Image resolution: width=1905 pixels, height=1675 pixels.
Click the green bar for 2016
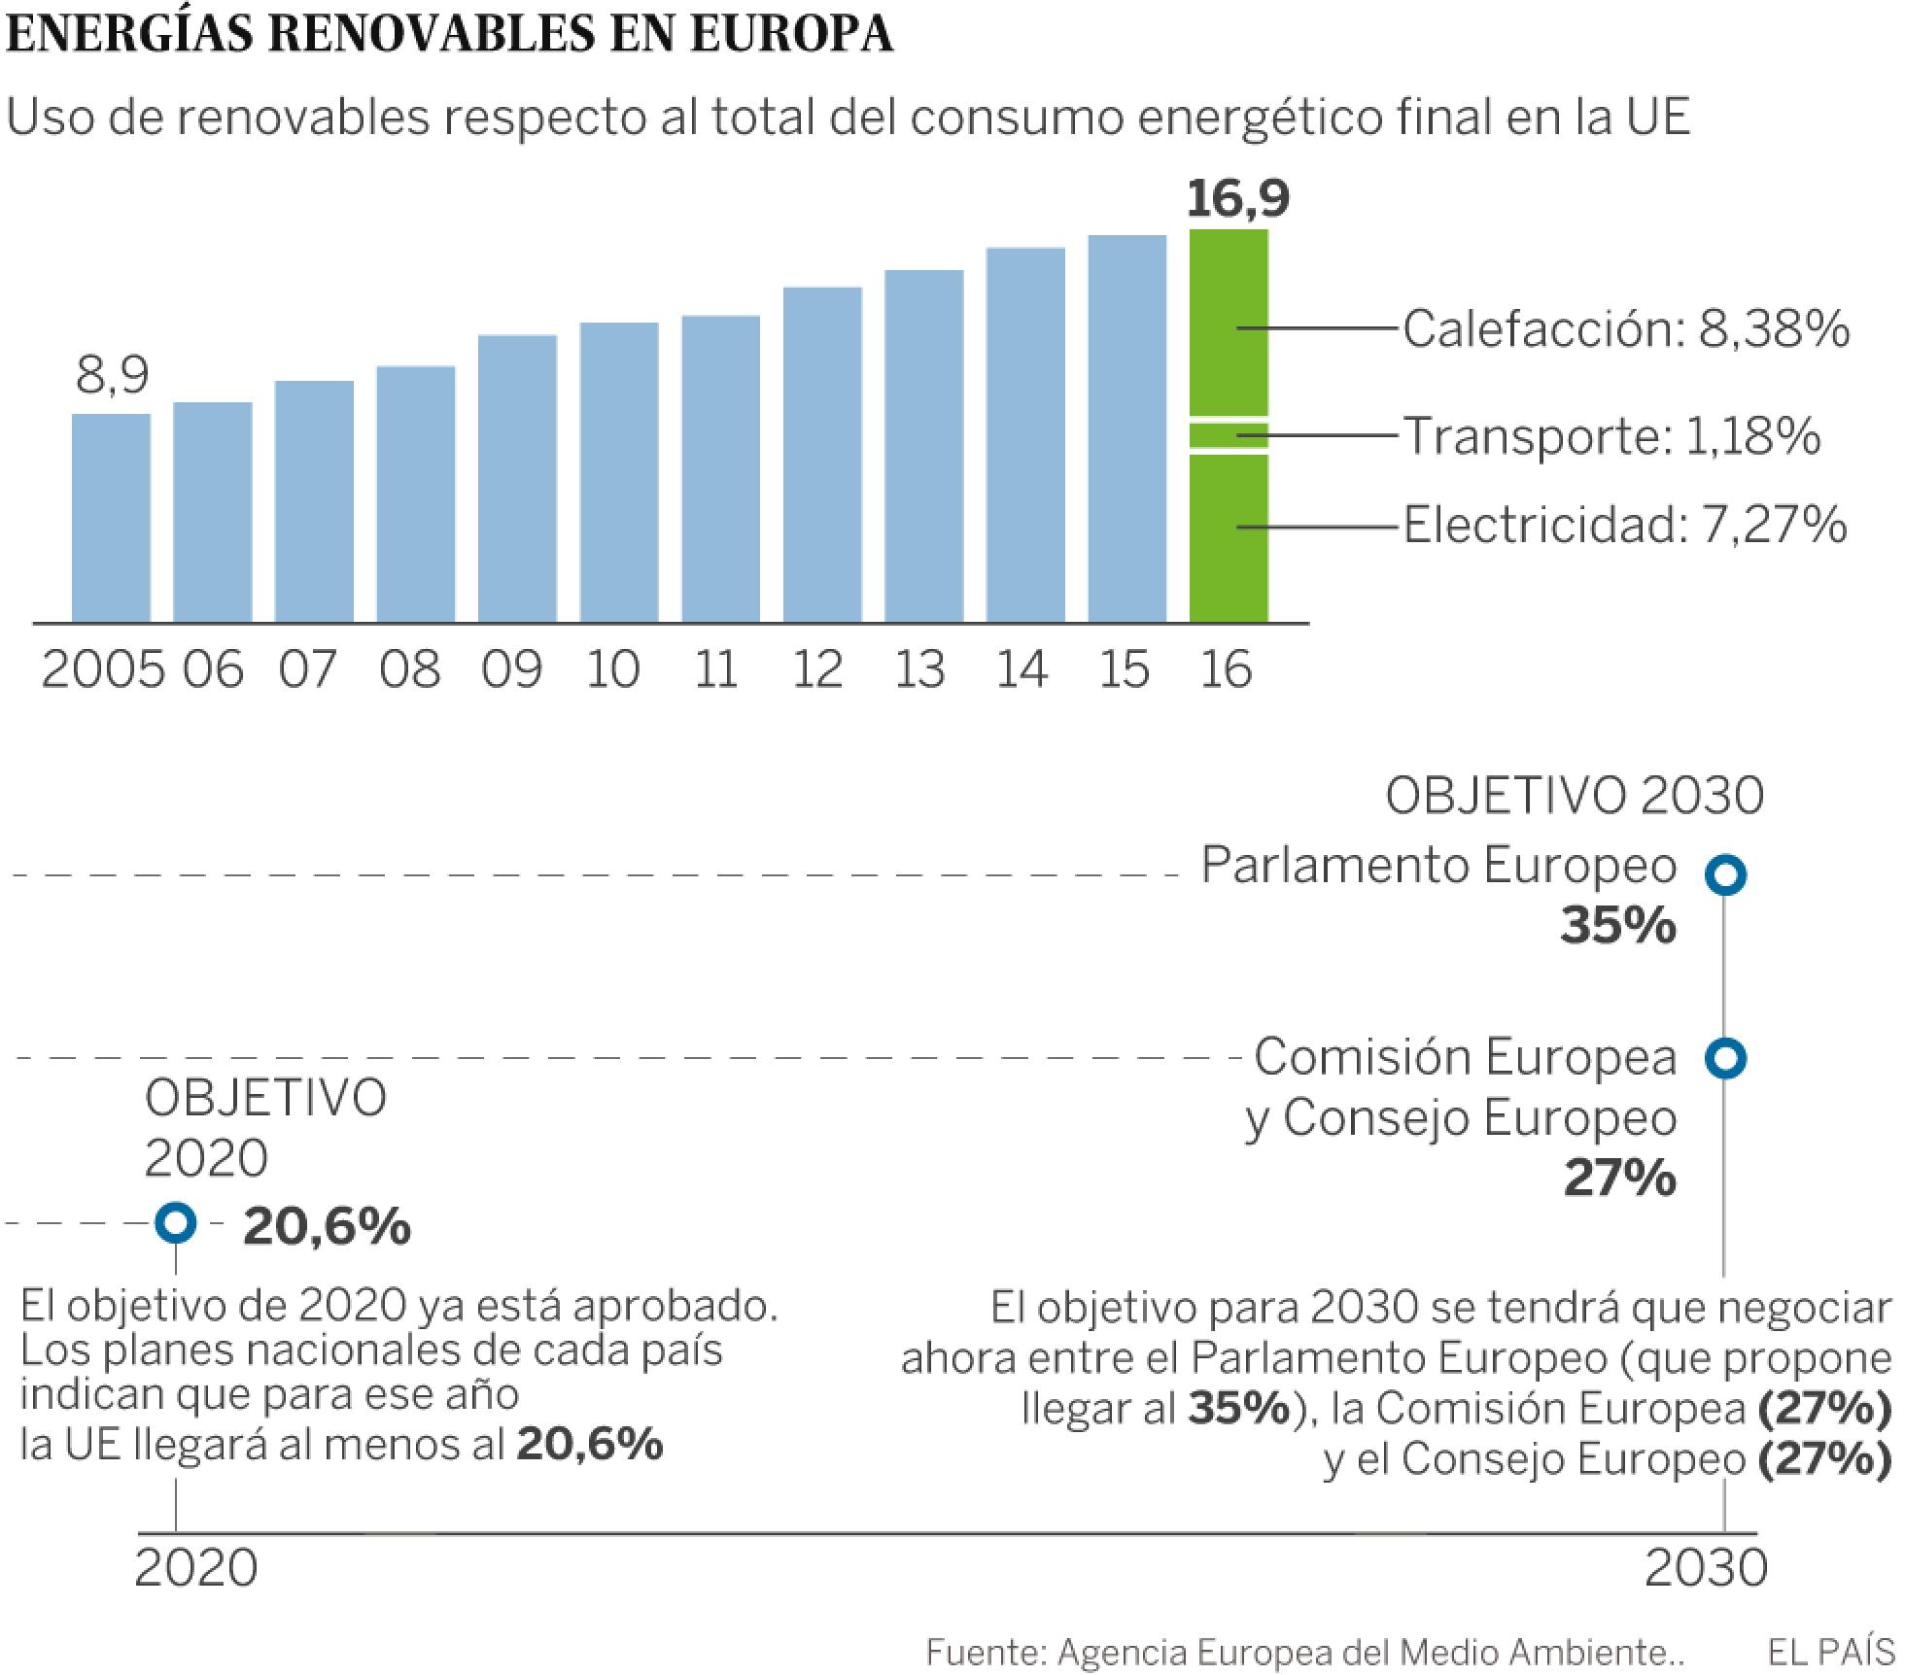[1229, 427]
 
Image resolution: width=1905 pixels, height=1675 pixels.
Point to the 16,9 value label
[1237, 198]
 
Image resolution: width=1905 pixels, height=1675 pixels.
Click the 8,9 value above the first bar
[112, 375]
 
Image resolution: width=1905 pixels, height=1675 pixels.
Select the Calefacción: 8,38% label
[1625, 329]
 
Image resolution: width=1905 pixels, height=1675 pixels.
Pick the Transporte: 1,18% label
[1611, 435]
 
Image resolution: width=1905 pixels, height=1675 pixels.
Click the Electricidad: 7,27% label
[1624, 526]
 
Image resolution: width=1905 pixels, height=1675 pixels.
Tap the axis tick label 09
[511, 669]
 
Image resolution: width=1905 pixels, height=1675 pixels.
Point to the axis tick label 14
[1022, 669]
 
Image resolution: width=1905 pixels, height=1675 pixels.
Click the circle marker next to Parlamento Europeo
[1725, 874]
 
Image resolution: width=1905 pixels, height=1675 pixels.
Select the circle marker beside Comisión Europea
[1725, 1057]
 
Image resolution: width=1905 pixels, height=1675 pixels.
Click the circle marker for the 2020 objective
[176, 1223]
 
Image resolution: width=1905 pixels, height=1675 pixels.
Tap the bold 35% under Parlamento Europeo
[1617, 925]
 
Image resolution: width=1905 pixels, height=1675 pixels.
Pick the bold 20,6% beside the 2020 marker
[327, 1226]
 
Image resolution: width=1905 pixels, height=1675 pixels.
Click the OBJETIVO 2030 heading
[1574, 797]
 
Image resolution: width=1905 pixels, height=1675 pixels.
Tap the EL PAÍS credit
[1830, 1652]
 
